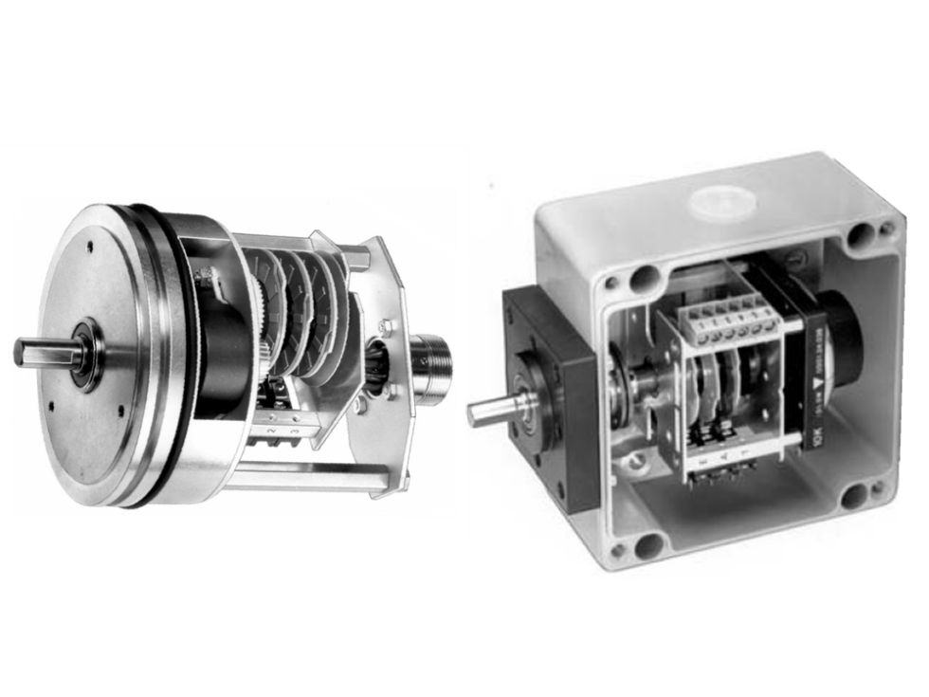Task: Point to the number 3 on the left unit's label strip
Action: click(294, 432)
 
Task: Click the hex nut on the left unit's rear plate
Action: click(387, 327)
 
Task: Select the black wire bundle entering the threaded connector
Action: click(377, 370)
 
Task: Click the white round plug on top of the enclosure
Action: click(725, 203)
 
